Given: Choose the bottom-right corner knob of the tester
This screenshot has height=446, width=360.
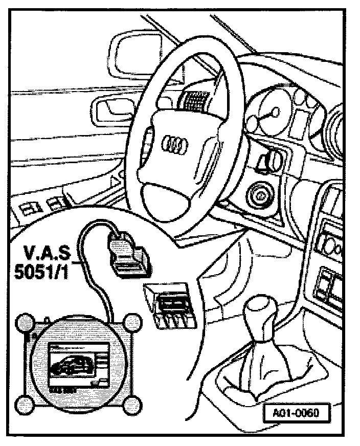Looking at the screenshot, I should coord(132,406).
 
